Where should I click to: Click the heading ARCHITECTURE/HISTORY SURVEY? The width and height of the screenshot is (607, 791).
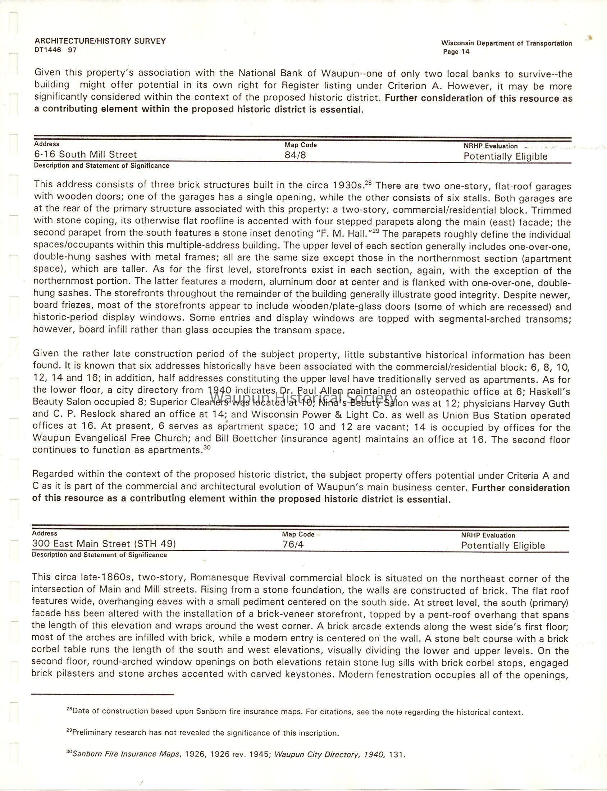click(x=100, y=41)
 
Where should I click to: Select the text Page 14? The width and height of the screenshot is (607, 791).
click(x=456, y=52)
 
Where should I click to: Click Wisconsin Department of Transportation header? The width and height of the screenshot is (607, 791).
click(x=507, y=44)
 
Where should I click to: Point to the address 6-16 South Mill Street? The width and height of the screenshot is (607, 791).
click(x=85, y=155)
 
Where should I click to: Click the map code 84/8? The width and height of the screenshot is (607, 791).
click(x=295, y=155)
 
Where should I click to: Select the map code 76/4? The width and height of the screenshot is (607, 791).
click(x=293, y=544)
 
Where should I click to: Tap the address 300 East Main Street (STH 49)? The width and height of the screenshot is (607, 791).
click(x=104, y=544)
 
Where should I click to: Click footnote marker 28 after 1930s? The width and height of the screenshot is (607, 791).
click(x=368, y=183)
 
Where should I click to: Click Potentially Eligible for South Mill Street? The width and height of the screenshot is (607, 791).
click(x=505, y=156)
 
